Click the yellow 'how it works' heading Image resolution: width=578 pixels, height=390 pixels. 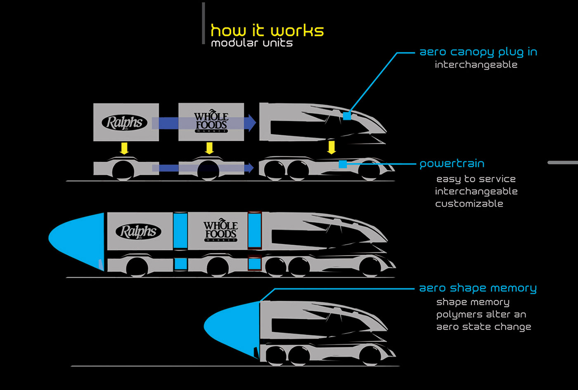[268, 31]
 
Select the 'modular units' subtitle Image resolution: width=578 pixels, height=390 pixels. [252, 43]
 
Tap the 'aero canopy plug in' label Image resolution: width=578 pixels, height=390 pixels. [479, 52]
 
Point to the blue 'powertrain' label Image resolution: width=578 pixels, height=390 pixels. [452, 164]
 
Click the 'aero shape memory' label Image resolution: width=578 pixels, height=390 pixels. [478, 288]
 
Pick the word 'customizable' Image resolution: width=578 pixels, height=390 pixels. [469, 204]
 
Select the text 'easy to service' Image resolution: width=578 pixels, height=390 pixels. [476, 179]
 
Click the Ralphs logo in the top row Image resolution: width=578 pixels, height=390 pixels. [124, 122]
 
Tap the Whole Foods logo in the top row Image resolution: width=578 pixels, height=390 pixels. [211, 121]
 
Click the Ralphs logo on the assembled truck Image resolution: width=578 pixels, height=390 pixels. [138, 232]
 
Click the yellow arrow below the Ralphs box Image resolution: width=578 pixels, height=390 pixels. [124, 148]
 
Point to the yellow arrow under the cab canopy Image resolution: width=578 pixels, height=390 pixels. [332, 147]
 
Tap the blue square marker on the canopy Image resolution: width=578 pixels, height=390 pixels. [347, 116]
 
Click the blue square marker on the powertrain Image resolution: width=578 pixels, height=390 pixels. [343, 164]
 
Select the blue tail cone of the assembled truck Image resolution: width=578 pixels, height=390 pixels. [76, 241]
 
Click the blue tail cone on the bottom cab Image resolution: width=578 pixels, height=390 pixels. [232, 329]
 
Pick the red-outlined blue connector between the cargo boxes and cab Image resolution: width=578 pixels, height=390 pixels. [255, 230]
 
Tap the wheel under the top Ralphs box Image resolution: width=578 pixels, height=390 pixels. [123, 171]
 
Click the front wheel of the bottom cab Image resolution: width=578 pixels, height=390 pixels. [370, 355]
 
